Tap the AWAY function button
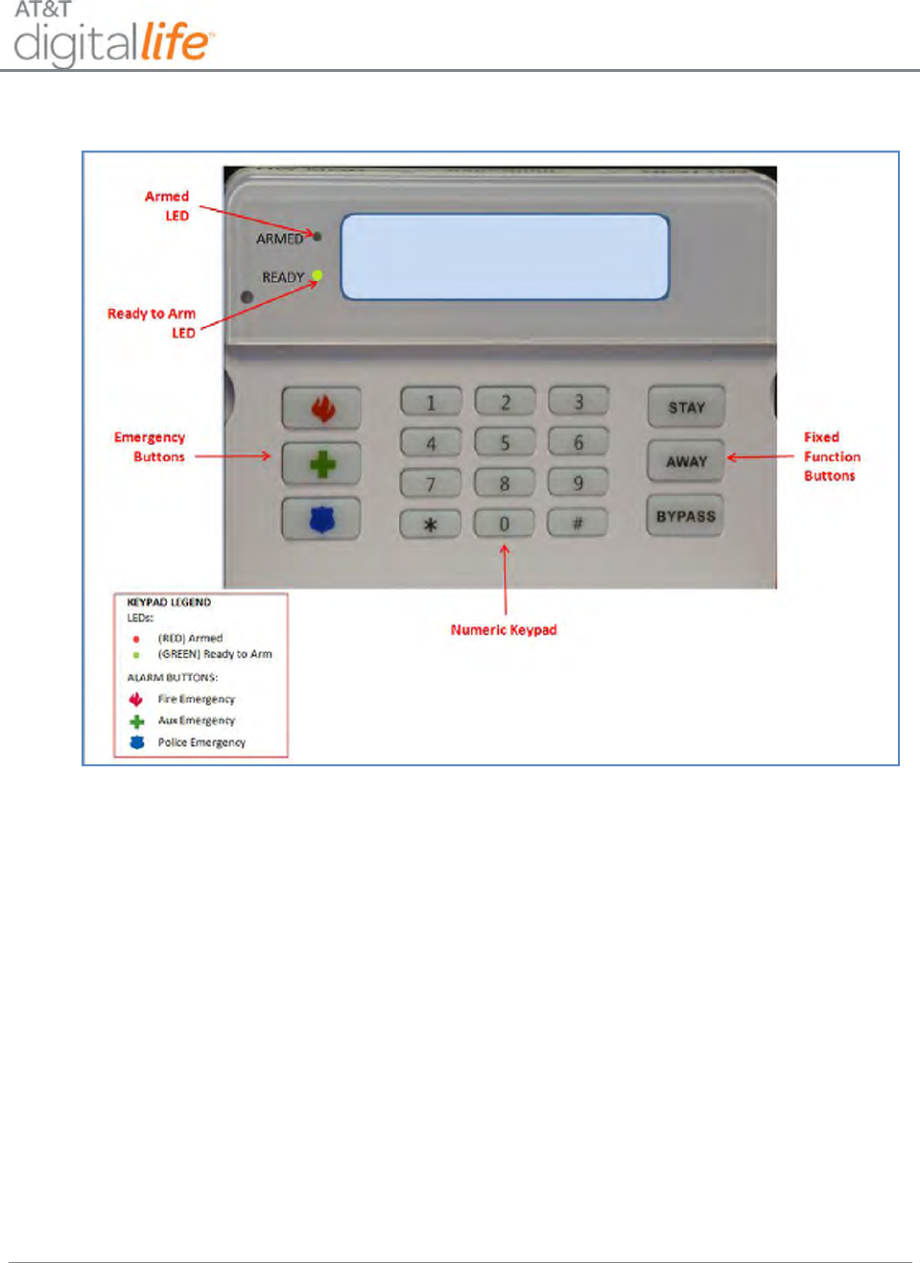[x=686, y=461]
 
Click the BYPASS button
[x=685, y=516]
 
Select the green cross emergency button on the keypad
[x=322, y=465]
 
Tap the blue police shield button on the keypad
[x=322, y=520]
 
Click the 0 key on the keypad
[x=504, y=524]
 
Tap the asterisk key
[x=430, y=524]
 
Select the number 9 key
[x=578, y=482]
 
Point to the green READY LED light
[x=318, y=276]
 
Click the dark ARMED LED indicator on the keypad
[x=318, y=236]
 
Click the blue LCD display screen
[x=505, y=256]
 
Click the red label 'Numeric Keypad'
[x=504, y=630]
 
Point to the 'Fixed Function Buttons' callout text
[x=831, y=456]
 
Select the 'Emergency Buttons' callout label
[x=150, y=447]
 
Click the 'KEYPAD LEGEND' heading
[x=169, y=602]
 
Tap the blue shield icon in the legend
[x=137, y=742]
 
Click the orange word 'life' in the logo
[x=175, y=43]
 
